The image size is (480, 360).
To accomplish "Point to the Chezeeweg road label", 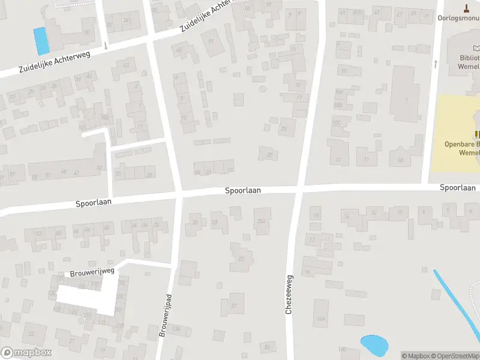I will [x=290, y=295].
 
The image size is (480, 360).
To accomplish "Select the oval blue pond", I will [x=374, y=344].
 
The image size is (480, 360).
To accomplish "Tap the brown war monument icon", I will [x=467, y=8].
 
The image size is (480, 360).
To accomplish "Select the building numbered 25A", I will [x=262, y=221].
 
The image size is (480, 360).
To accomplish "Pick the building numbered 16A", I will [x=322, y=319].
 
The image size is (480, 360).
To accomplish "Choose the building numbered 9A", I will [x=400, y=160].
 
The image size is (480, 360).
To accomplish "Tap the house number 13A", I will [x=176, y=328].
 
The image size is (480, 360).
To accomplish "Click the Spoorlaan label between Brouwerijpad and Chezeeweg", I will [x=242, y=190].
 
